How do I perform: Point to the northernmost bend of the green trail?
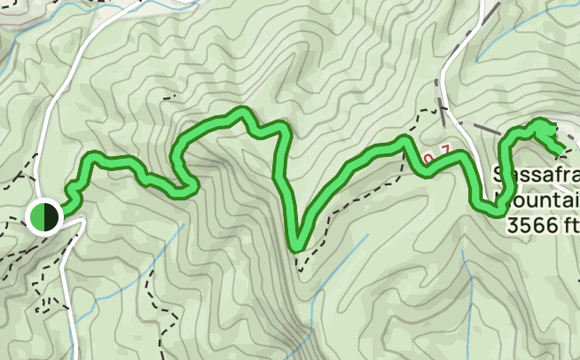(x=239, y=111)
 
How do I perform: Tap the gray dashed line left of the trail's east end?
(x=483, y=131)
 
